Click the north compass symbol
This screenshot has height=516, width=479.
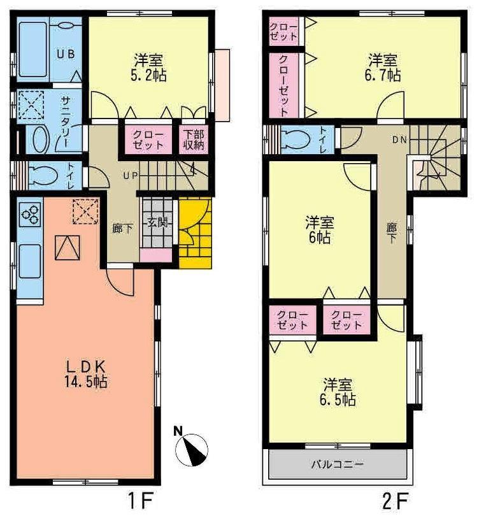pos(190,448)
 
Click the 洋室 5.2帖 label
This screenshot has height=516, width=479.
pos(148,66)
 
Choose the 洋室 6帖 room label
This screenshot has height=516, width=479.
pos(320,230)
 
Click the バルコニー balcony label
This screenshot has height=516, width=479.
pos(337,464)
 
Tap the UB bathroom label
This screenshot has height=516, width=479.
pos(66,54)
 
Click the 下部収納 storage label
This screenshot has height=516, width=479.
pos(194,139)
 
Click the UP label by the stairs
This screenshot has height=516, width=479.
pos(130,176)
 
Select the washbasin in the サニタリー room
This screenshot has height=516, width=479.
pos(39,137)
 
